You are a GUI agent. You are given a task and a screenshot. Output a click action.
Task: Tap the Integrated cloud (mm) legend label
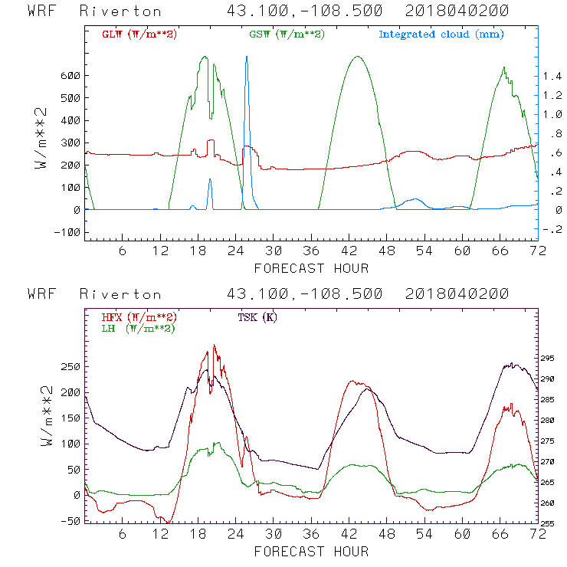click(x=441, y=34)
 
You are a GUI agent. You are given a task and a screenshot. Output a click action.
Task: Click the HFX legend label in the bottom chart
click(x=139, y=317)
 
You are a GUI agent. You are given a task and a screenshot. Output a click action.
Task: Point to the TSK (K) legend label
click(x=257, y=317)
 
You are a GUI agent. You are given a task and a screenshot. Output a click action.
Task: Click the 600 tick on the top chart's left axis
click(x=71, y=76)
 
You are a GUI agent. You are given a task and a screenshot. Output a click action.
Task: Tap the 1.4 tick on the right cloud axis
click(x=552, y=76)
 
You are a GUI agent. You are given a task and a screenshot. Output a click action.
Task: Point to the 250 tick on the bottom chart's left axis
click(x=71, y=367)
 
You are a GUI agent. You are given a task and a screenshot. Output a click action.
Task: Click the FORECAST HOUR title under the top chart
click(x=311, y=268)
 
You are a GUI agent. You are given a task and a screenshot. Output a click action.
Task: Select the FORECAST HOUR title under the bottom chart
click(x=311, y=551)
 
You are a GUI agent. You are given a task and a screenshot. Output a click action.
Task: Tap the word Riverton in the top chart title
click(x=120, y=11)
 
